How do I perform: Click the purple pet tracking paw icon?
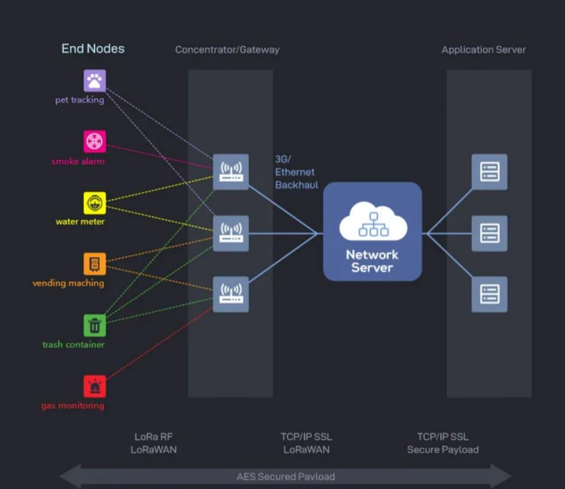[95, 81]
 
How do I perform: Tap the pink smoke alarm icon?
[95, 141]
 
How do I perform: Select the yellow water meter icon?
[95, 203]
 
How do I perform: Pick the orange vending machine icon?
[95, 264]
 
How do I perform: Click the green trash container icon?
[95, 326]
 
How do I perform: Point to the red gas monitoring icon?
[95, 387]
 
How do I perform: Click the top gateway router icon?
[231, 172]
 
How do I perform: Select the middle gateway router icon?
[231, 233]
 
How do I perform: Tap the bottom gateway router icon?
[231, 294]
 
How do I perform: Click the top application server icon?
[490, 172]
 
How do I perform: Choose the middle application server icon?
[490, 233]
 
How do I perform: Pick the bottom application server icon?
[490, 294]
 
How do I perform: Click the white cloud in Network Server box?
[373, 221]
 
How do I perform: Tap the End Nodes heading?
[93, 48]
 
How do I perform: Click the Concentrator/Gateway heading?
[228, 50]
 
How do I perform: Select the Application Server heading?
[484, 50]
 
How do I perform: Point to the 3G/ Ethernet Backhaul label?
[297, 172]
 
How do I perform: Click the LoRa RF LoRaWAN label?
[153, 443]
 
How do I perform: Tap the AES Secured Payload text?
[285, 476]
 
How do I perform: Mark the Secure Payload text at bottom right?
[443, 450]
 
